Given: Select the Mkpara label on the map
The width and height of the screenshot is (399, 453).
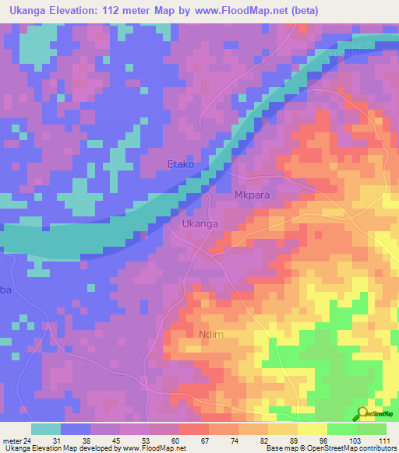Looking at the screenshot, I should [252, 195].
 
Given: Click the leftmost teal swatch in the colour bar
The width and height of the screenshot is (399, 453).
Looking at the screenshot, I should [46, 429].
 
